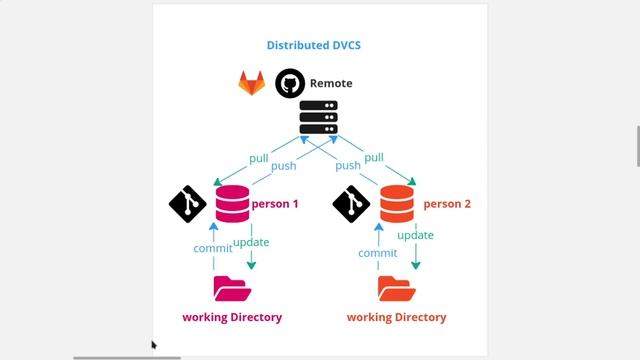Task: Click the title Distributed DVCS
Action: point(313,45)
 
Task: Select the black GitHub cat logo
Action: point(290,83)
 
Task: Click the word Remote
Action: point(331,83)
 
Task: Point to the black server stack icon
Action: point(318,118)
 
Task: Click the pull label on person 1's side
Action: point(259,157)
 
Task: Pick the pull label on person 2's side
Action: point(373,157)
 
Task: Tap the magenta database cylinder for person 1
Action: point(232,203)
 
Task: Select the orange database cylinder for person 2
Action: point(397,203)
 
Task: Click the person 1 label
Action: point(275,204)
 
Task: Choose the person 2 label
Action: point(447,204)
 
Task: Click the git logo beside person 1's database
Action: point(188,204)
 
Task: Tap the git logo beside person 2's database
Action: point(351,204)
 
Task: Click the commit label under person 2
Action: point(377,253)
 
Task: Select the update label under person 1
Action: point(250,242)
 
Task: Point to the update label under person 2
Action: point(415,236)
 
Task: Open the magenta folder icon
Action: point(232,289)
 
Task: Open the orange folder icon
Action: point(396,289)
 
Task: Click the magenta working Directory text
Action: point(232,317)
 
